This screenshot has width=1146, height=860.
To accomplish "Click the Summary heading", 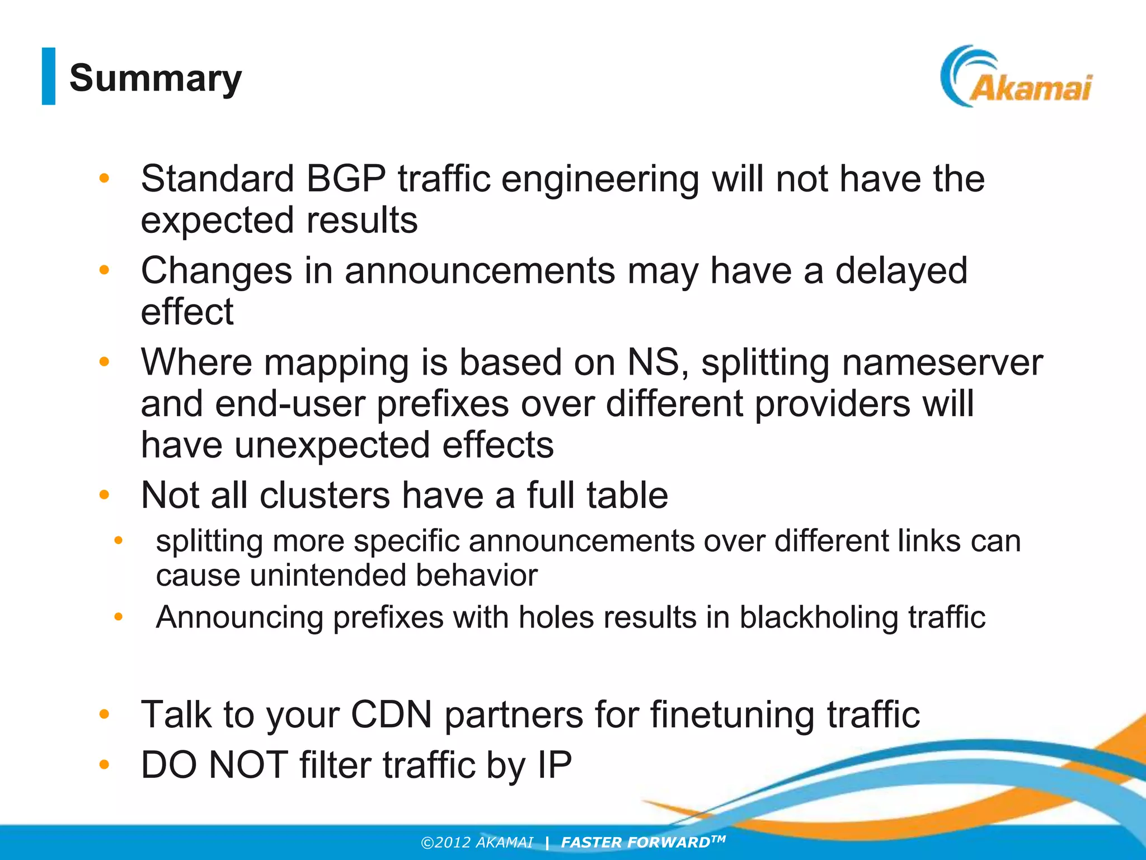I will pyautogui.click(x=156, y=78).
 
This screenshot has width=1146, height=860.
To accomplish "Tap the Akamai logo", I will pyautogui.click(x=1016, y=77).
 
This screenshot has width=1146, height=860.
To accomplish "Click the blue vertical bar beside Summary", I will pyautogui.click(x=49, y=76).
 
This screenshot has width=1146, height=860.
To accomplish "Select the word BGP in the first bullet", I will pyautogui.click(x=346, y=179).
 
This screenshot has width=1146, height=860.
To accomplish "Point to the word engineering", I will pyautogui.click(x=600, y=179).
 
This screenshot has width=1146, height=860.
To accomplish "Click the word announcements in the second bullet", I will pyautogui.click(x=480, y=271).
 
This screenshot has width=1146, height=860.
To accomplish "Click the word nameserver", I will pyautogui.click(x=942, y=363).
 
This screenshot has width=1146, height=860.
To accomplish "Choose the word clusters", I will pyautogui.click(x=325, y=496).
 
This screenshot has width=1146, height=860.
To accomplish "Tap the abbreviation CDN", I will pyautogui.click(x=391, y=714).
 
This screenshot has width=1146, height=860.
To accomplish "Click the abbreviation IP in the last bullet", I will pyautogui.click(x=555, y=765).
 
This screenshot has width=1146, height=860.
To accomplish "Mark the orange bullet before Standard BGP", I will pyautogui.click(x=104, y=179).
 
